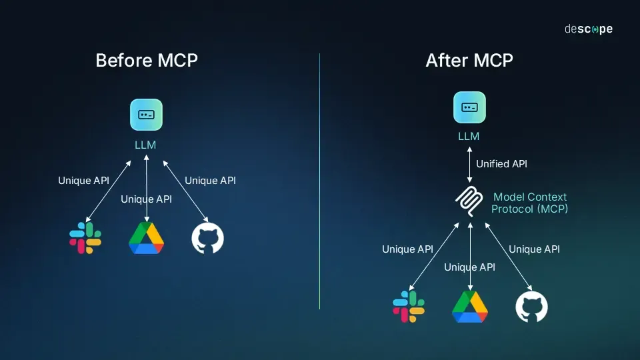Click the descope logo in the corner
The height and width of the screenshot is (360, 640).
point(588,29)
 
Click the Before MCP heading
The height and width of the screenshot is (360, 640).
point(147,60)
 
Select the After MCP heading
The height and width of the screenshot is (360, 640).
point(469,60)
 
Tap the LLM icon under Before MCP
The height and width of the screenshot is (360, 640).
point(146,114)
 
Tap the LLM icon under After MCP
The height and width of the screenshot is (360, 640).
point(469,107)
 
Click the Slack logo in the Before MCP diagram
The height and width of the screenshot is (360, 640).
point(85,238)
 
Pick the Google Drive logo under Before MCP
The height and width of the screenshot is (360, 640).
point(146,238)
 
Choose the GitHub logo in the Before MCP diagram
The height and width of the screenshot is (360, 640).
point(207,238)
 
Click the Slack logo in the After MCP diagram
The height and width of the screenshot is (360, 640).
point(409,307)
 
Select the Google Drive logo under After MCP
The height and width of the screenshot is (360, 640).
point(470,307)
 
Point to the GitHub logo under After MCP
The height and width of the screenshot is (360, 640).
point(531,307)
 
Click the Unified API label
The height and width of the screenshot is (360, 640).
point(501,163)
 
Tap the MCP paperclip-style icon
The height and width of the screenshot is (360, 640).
point(469,202)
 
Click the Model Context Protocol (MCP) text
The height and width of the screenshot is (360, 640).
point(530,203)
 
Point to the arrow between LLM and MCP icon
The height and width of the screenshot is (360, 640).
point(469,164)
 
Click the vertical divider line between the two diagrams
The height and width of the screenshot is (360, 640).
point(320,180)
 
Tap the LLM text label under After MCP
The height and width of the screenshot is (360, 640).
point(469,137)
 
